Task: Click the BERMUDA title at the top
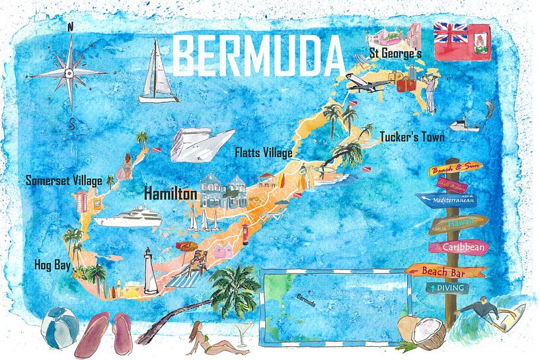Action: coord(260,55)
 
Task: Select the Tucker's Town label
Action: coord(412,137)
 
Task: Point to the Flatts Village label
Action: coord(264,153)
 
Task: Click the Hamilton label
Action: coord(171,194)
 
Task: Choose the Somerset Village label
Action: coord(63,180)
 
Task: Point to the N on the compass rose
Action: coord(70,27)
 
